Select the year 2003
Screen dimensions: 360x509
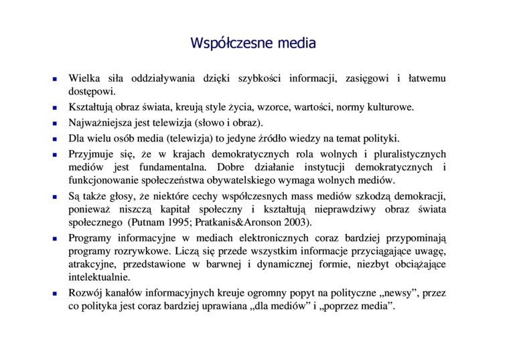click(x=295, y=222)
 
